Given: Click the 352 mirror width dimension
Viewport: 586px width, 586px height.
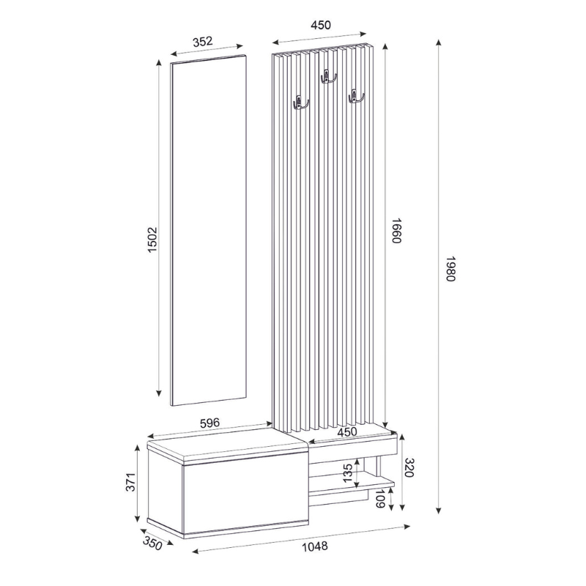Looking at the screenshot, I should click(207, 42).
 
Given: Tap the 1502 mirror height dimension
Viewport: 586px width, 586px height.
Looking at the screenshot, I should click(152, 240).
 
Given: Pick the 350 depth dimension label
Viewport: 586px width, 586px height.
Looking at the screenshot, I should click(152, 543).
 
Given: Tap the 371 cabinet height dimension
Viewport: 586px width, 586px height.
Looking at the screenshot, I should click(130, 482).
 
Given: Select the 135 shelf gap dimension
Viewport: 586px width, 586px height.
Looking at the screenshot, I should click(349, 474).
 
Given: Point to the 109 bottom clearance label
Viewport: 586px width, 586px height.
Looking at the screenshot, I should click(380, 500).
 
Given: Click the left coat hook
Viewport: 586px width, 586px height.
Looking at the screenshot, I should click(300, 103).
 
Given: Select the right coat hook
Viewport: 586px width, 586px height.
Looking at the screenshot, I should click(356, 95).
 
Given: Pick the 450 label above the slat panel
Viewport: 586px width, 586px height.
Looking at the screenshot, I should click(321, 25).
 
